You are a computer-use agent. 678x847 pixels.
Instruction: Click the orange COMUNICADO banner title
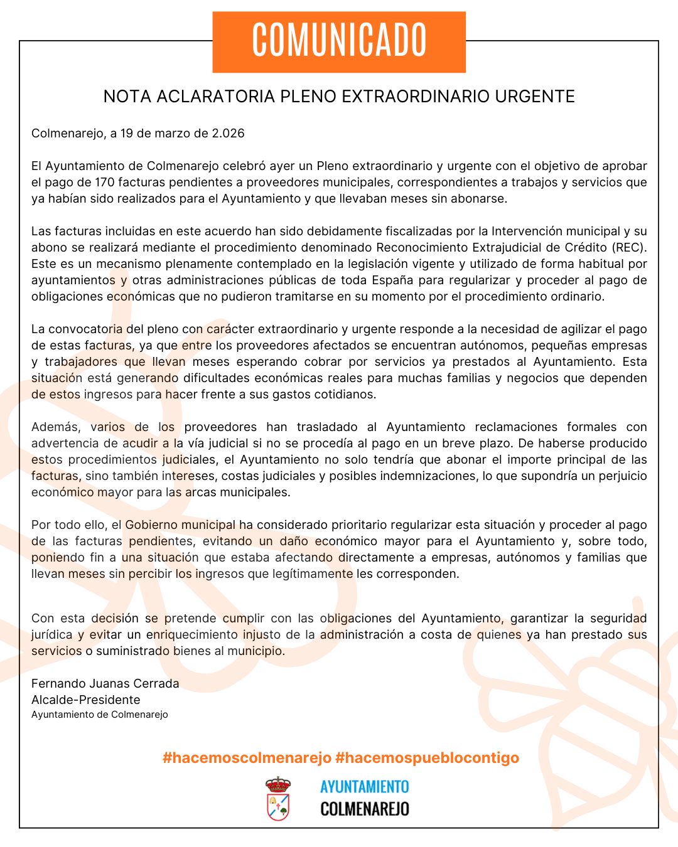coord(339,41)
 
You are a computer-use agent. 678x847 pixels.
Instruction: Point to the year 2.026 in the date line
coord(228,134)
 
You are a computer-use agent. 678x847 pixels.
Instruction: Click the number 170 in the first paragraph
coord(105,183)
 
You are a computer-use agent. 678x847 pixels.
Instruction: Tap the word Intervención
coord(532,232)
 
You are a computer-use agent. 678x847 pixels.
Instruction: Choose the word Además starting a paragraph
coord(56,427)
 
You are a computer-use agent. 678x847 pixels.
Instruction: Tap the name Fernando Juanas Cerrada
coord(105,684)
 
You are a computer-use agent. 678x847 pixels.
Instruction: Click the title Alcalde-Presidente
coord(86,700)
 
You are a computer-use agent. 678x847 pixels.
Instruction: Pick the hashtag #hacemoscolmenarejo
coord(247,758)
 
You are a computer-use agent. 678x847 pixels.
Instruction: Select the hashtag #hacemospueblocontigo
coord(428,758)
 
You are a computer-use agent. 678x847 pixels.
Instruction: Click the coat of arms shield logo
coord(278,799)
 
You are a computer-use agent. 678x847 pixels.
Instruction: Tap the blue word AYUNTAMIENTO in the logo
coord(364,787)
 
